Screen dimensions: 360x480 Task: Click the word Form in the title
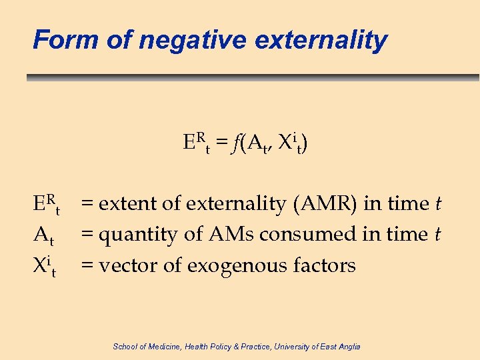point(57,40)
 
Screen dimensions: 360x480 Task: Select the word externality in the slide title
point(321,40)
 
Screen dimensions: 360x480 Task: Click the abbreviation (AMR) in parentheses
point(326,204)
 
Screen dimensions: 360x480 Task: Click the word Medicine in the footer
point(160,346)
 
